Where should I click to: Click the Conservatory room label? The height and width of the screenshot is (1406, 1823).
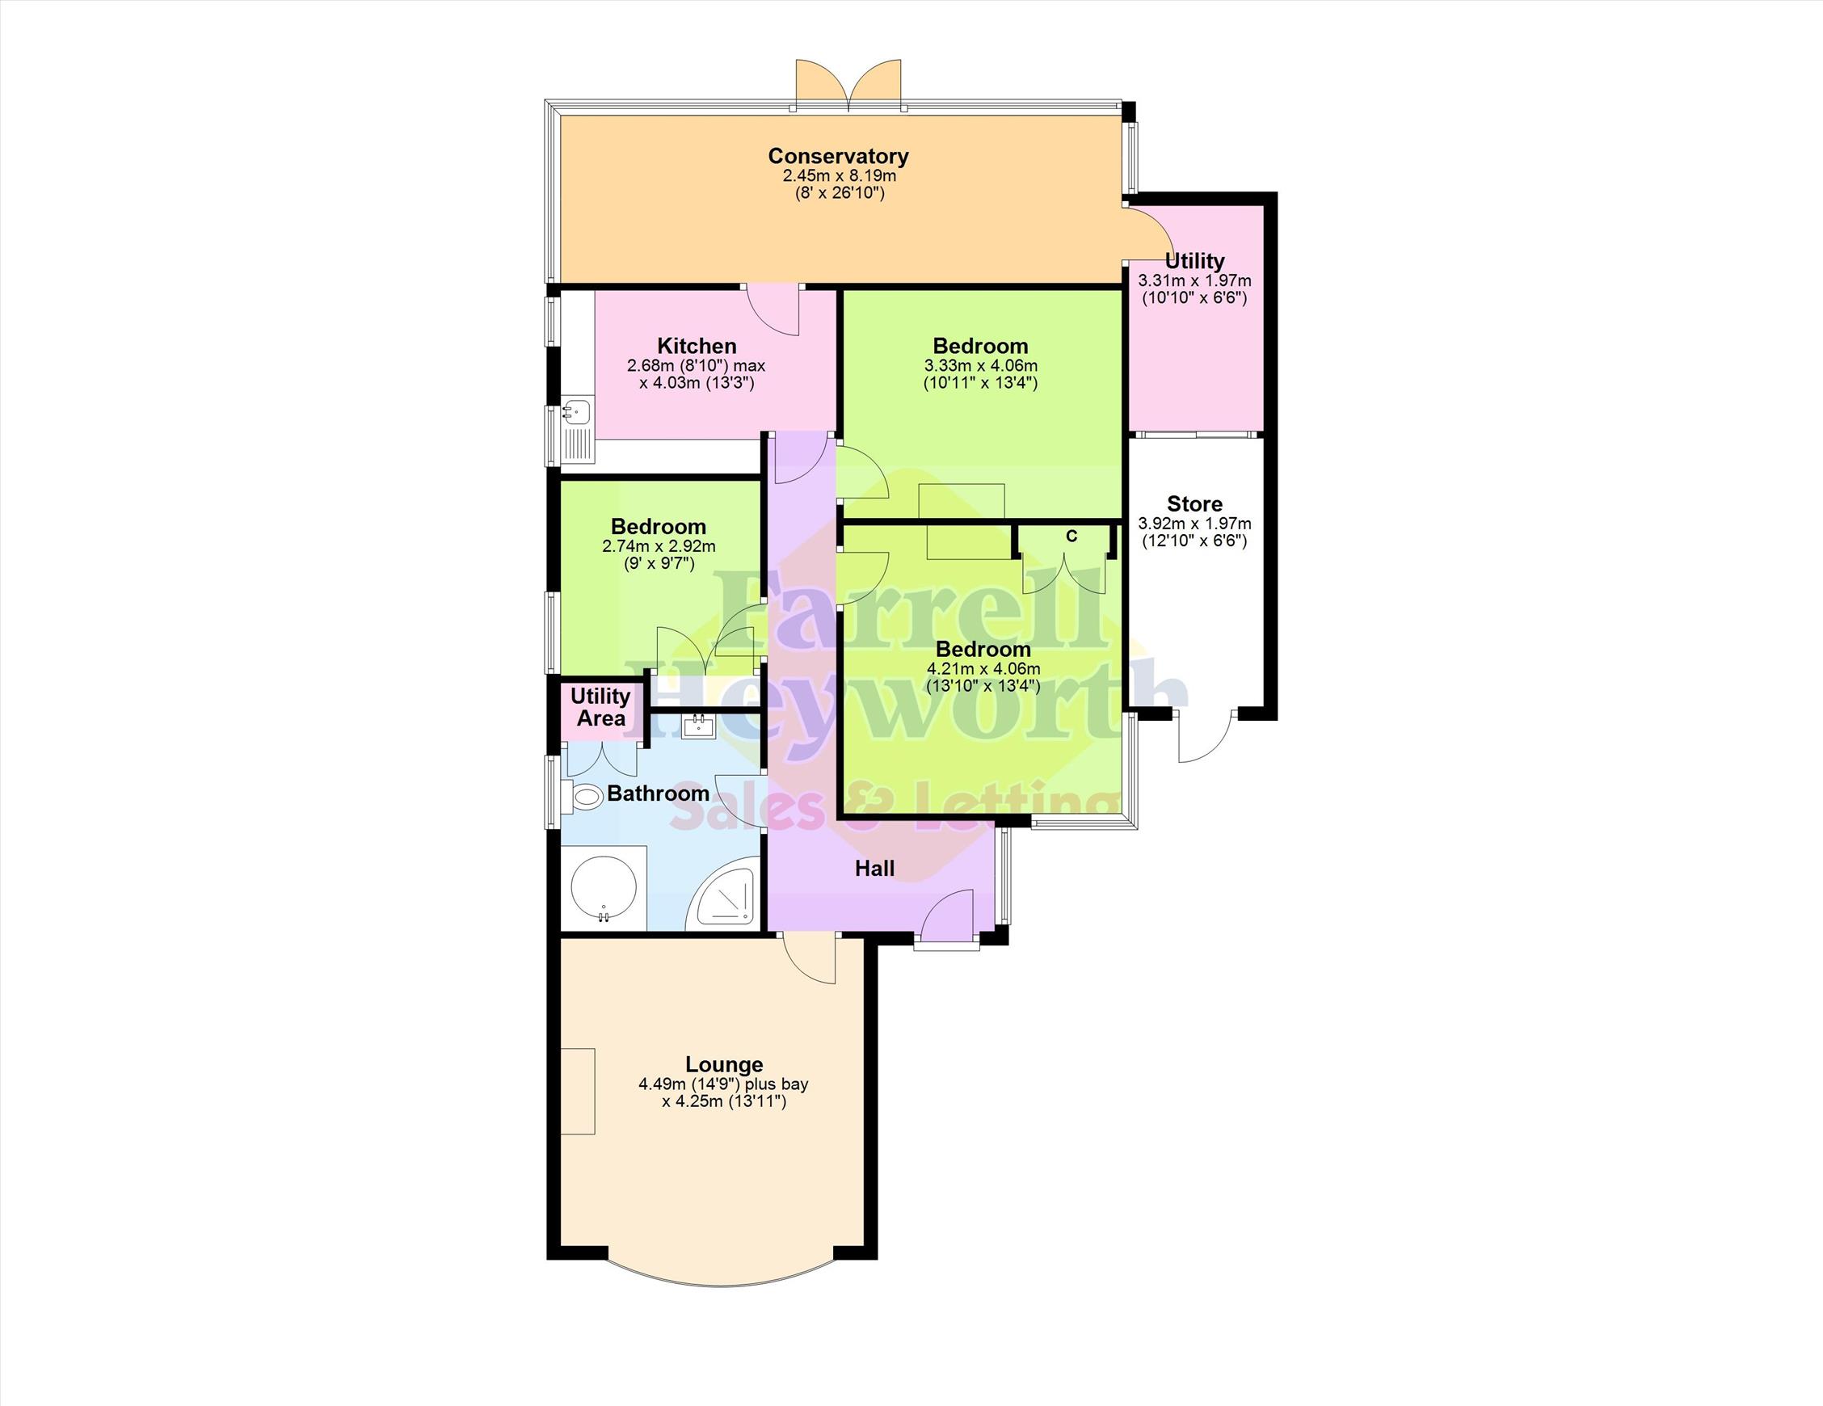click(838, 156)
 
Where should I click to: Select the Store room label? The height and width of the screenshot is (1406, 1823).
click(1194, 503)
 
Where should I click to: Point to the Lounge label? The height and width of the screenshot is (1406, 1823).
click(724, 1064)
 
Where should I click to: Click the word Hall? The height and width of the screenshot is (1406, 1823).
click(875, 869)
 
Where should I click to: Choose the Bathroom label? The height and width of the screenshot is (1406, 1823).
click(658, 794)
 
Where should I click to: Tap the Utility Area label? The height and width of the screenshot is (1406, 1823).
click(601, 707)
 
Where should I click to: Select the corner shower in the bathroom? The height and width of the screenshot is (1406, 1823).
click(723, 895)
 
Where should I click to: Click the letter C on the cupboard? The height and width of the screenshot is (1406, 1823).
click(1071, 537)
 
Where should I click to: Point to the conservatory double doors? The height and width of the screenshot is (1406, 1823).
click(849, 85)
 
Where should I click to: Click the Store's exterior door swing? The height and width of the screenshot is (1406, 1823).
click(1205, 735)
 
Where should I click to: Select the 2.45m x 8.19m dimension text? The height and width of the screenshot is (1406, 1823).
click(839, 176)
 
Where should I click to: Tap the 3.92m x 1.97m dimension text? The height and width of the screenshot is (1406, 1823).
click(1194, 524)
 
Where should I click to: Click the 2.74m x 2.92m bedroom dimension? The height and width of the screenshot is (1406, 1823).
click(659, 546)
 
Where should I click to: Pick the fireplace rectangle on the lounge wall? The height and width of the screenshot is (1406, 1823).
click(578, 1090)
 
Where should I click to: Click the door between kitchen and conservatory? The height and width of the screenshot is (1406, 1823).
click(773, 309)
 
